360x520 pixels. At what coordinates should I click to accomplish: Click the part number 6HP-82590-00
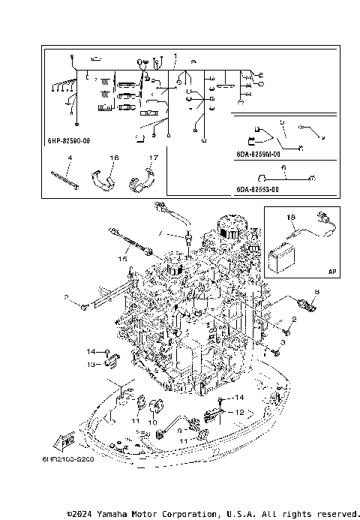[x=69, y=140]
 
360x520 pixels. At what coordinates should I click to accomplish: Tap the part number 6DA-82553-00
[x=257, y=190]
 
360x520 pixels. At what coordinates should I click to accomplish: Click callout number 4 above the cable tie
[x=70, y=158]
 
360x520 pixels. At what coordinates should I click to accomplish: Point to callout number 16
[x=114, y=158]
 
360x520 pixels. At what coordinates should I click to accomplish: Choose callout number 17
[x=152, y=158]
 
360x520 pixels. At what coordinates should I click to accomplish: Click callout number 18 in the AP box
[x=292, y=217]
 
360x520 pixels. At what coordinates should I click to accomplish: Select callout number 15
[x=121, y=258]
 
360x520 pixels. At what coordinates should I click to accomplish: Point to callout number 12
[x=240, y=412]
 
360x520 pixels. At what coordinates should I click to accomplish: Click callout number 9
[x=179, y=431]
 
